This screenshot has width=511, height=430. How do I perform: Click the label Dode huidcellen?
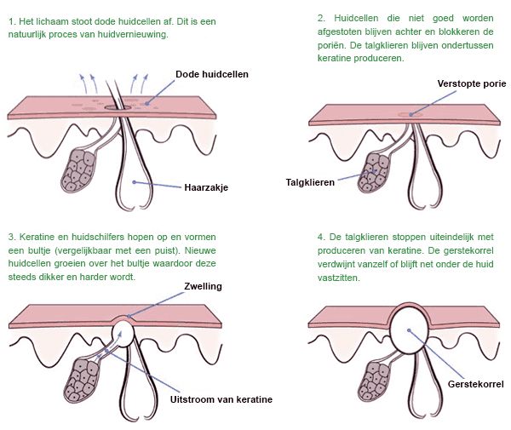(211, 75)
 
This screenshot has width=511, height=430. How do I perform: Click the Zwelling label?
(202, 286)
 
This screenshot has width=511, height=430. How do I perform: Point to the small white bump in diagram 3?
(125, 331)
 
